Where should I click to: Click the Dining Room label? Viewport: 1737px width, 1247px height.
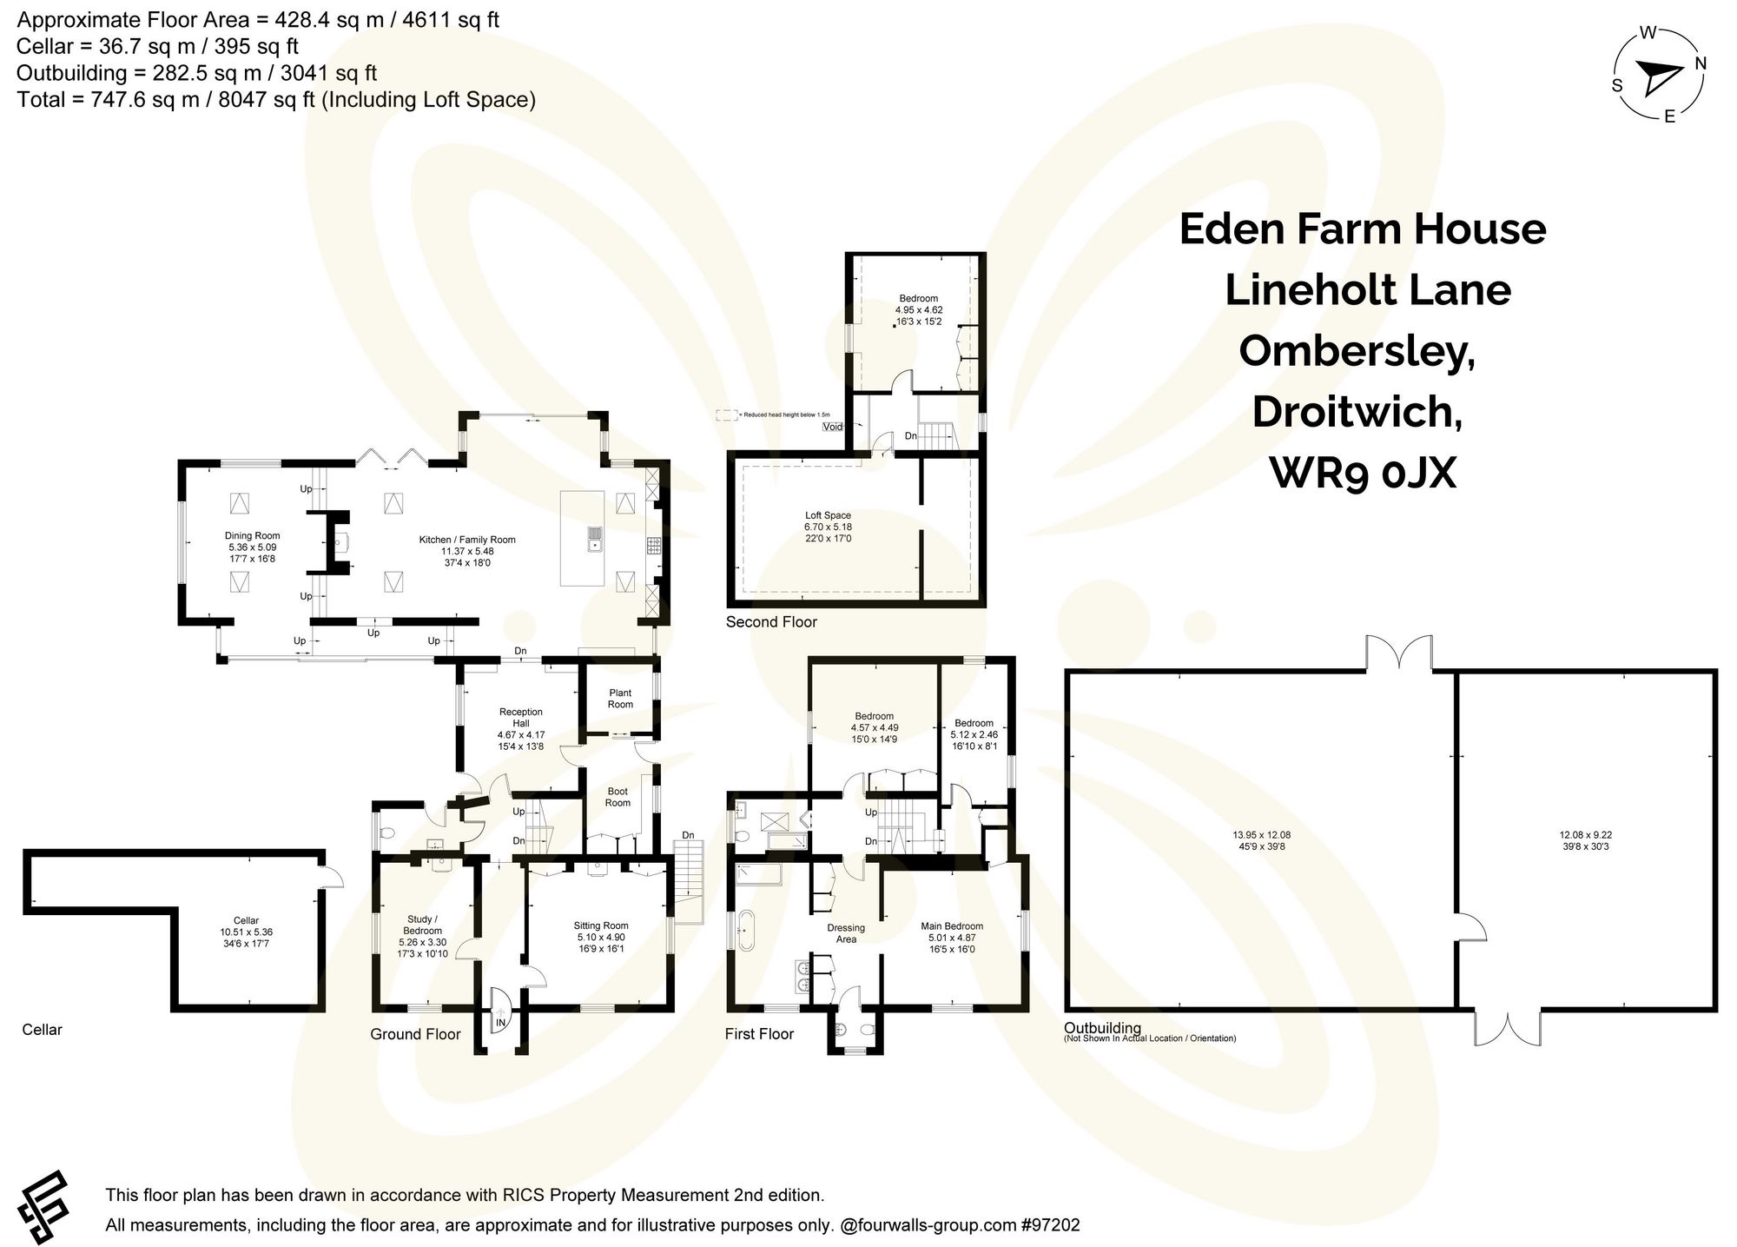252,536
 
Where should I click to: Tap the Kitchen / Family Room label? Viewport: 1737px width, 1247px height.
467,540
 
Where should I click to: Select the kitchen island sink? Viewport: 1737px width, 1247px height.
595,539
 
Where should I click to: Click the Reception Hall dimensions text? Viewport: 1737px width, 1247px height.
521,740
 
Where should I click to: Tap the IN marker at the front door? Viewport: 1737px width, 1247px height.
500,1024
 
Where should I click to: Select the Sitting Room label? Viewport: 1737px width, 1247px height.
600,925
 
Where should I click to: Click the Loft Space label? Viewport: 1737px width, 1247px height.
827,515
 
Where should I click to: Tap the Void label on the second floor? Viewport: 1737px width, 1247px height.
832,427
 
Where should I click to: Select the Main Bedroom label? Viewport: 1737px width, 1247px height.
952,926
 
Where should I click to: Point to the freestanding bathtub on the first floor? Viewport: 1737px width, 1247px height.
745,930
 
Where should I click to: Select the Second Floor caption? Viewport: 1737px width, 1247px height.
771,621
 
